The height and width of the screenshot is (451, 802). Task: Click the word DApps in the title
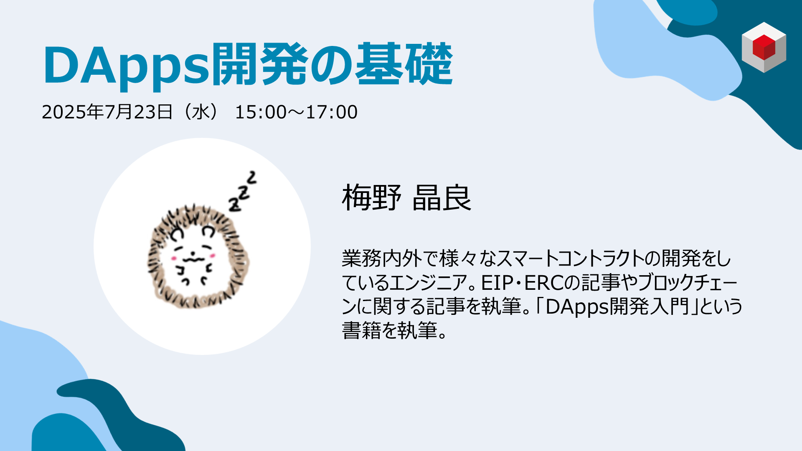point(126,66)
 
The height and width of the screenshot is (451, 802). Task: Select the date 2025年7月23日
point(107,112)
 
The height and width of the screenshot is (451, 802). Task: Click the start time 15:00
point(255,112)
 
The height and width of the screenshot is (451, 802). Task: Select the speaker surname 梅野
point(371,197)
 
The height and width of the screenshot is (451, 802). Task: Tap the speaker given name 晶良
point(442,197)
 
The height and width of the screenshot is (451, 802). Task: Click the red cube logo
point(764,47)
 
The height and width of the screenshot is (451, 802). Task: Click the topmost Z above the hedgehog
point(251,177)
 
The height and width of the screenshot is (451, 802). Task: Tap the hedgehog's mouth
point(193,260)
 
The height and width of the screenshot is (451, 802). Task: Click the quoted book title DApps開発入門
point(617,307)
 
